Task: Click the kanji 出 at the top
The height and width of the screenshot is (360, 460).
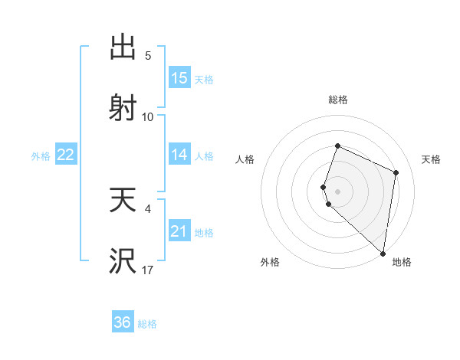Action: pyautogui.click(x=123, y=47)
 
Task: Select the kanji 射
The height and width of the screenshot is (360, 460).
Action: pyautogui.click(x=123, y=106)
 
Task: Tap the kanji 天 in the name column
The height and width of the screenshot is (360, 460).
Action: pyautogui.click(x=123, y=201)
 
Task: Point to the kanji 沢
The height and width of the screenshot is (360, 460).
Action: pyautogui.click(x=123, y=260)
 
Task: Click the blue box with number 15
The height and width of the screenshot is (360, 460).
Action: pyautogui.click(x=179, y=77)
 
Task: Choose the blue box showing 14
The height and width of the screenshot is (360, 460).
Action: pyautogui.click(x=179, y=155)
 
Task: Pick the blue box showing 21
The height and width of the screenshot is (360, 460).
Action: pyautogui.click(x=179, y=231)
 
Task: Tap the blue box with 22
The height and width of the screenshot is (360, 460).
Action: pyautogui.click(x=66, y=155)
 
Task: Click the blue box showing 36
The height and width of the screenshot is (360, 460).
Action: pyautogui.click(x=123, y=322)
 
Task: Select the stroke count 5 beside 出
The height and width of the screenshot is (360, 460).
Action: pyautogui.click(x=148, y=56)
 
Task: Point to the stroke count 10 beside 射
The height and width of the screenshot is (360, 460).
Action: pyautogui.click(x=148, y=116)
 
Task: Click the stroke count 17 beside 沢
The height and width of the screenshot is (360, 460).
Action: pyautogui.click(x=148, y=270)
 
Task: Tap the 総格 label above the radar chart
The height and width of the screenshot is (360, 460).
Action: pyautogui.click(x=338, y=100)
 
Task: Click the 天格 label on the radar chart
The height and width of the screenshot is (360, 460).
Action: pyautogui.click(x=431, y=159)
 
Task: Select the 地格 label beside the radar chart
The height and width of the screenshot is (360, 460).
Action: pyautogui.click(x=402, y=263)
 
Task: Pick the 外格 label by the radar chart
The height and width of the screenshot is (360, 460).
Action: pyautogui.click(x=270, y=263)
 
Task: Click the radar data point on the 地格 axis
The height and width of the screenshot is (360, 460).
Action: pyautogui.click(x=383, y=254)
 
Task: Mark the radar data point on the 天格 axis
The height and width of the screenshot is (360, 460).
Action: pyautogui.click(x=396, y=172)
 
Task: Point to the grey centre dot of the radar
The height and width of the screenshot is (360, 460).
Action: pyautogui.click(x=338, y=191)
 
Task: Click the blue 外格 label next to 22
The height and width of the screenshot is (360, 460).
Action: pyautogui.click(x=41, y=155)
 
